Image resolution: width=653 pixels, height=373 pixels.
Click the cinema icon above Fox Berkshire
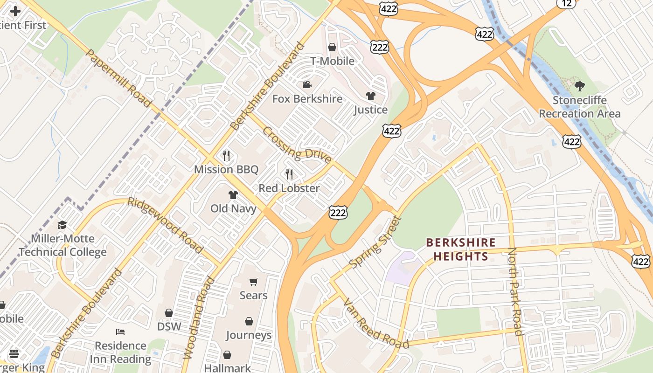307,84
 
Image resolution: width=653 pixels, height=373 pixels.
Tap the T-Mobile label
332,61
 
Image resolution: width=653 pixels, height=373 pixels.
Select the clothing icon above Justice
370,96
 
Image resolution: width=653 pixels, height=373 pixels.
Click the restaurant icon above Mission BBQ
226,155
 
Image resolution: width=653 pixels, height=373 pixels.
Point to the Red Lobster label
289,188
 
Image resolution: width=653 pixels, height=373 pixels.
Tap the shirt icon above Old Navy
233,195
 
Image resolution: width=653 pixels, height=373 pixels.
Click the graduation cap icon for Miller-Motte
62,225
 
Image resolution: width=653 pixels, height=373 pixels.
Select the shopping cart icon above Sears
253,282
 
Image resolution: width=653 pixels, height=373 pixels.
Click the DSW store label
169,326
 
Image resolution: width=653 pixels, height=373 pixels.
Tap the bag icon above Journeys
249,322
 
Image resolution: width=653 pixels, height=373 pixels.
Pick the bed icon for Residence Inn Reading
120,332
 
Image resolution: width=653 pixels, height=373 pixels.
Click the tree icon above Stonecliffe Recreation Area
580,86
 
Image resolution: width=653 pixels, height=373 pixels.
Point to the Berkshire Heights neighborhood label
461,249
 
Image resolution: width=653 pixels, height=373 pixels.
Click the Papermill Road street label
118,78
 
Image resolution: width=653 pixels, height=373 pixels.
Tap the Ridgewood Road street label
165,226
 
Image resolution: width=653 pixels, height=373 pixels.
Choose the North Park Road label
514,291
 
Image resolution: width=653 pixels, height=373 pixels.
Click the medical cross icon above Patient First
15,11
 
